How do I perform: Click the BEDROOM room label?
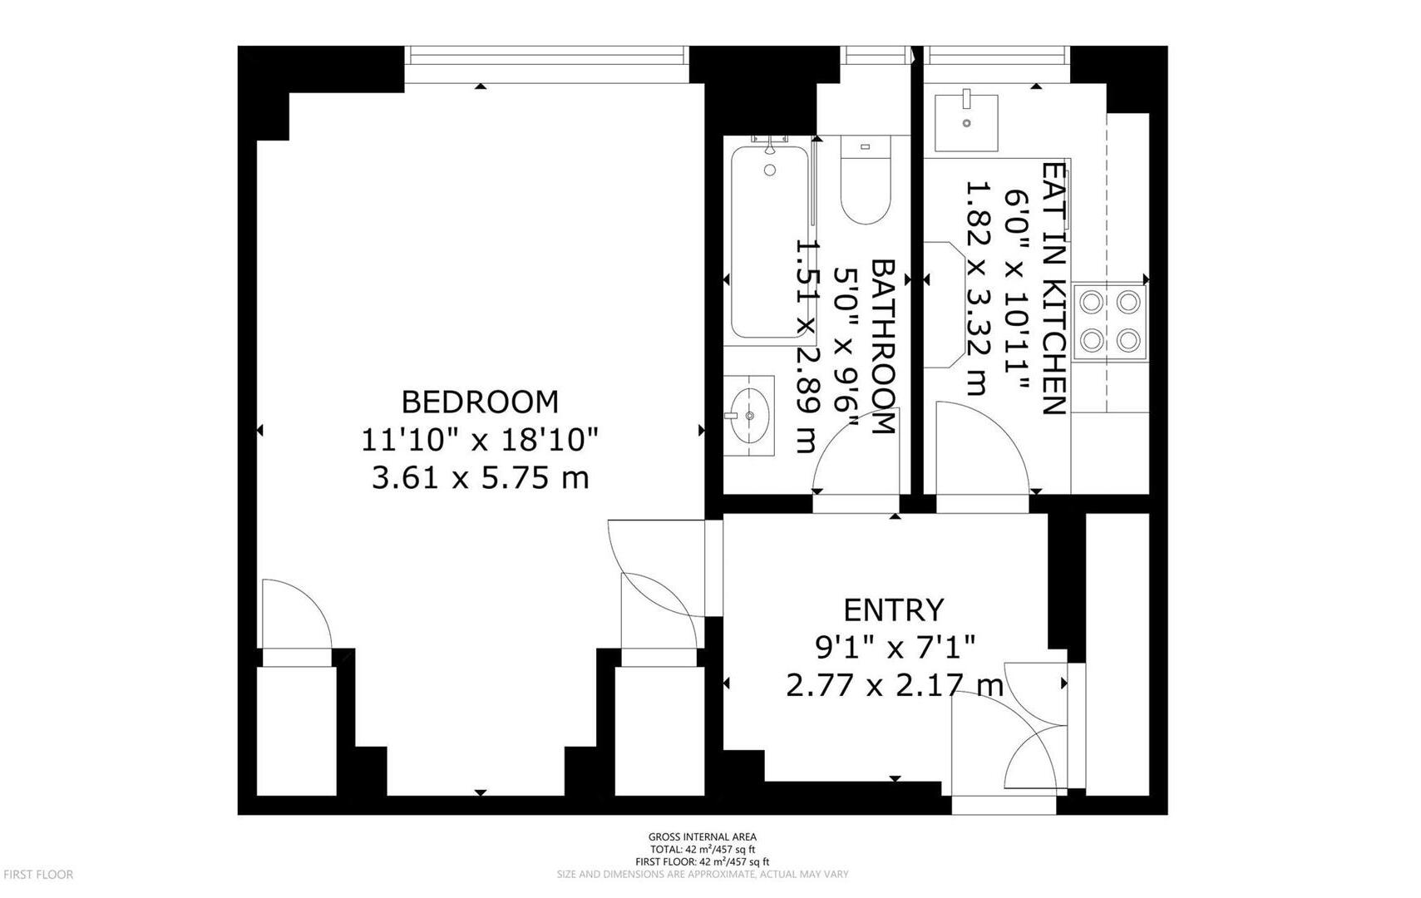(480, 402)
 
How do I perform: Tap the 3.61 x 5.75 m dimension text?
(480, 478)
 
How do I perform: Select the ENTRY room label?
(894, 610)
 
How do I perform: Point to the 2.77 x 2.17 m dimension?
(894, 686)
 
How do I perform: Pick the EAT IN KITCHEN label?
(1053, 288)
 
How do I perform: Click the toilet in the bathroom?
(866, 181)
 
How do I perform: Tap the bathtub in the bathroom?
(769, 241)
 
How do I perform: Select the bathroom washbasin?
(748, 415)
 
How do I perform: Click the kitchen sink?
(965, 122)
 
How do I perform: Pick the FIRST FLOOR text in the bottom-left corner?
(38, 875)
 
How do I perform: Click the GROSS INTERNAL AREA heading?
(702, 837)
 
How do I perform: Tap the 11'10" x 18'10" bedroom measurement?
(480, 440)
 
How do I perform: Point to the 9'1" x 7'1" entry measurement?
(894, 647)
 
